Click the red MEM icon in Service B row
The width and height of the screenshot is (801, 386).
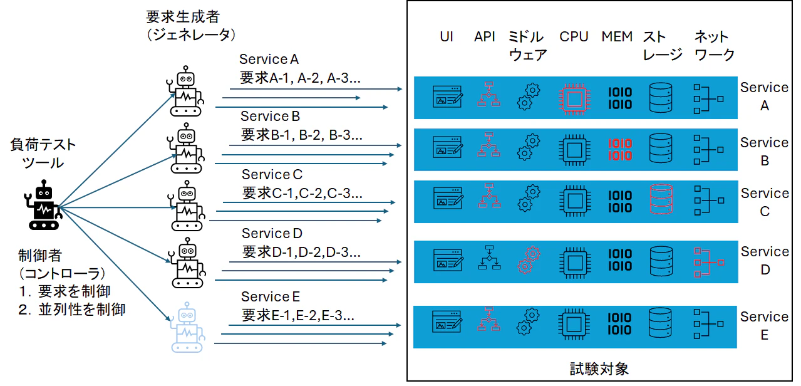621,150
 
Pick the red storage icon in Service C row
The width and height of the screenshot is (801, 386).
661,200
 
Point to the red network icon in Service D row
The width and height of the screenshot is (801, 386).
708,261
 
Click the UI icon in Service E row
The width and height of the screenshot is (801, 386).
448,322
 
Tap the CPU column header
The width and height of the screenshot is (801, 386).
574,37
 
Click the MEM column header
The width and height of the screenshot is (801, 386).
617,37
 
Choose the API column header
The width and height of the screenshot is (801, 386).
485,37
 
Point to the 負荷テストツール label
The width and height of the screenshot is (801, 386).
43,154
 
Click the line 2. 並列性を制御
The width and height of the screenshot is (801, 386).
71,309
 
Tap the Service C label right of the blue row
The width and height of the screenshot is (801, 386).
765,202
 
